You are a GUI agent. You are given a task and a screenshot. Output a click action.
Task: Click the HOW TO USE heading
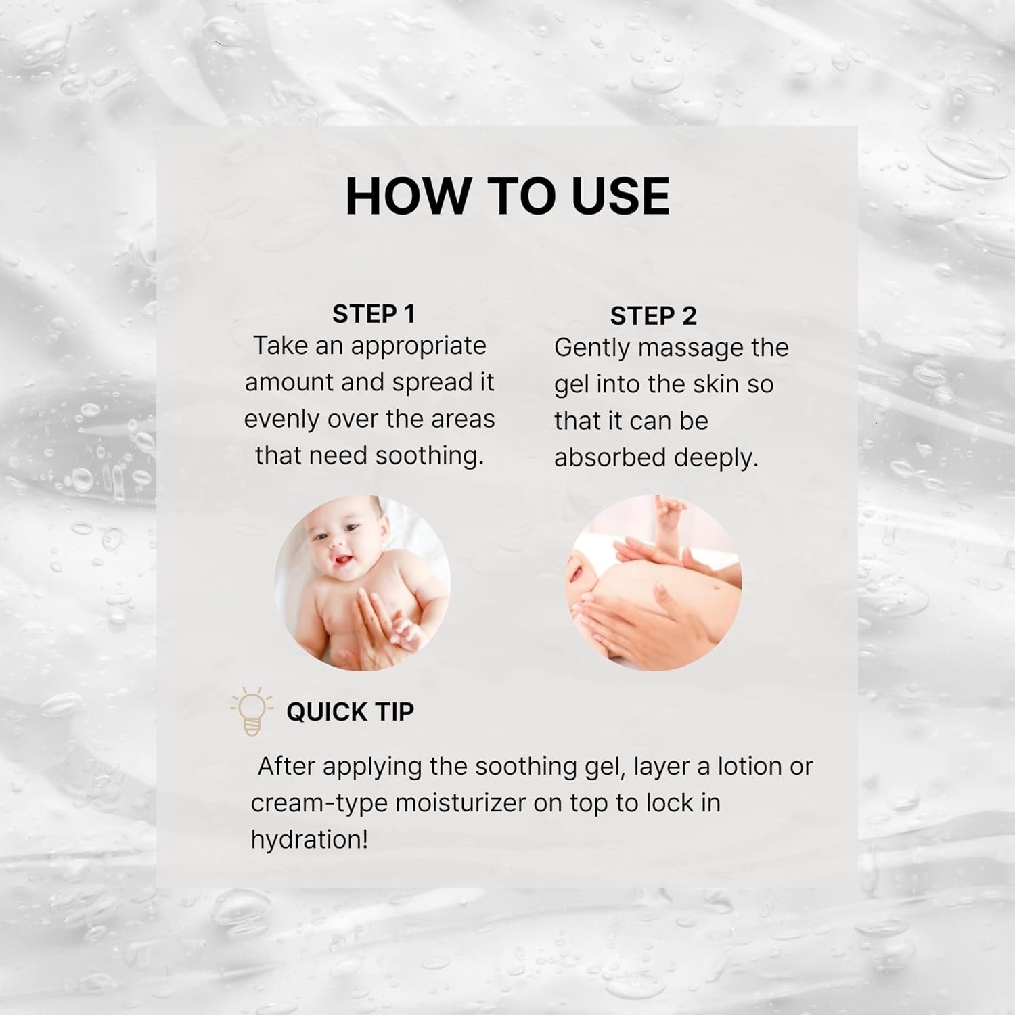pos(507,196)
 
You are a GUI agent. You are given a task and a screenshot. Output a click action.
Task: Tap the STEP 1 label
pos(374,314)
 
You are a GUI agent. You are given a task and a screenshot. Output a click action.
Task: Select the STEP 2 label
pos(653,316)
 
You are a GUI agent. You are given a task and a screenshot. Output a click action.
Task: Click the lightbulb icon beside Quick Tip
pos(252,712)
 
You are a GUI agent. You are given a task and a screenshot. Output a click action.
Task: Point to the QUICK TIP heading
pos(350,712)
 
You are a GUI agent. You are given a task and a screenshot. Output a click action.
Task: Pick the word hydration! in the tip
pos(309,840)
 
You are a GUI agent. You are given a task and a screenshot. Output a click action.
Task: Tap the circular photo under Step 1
pos(362,583)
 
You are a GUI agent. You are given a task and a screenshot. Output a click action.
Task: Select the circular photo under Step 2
pos(654,583)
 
